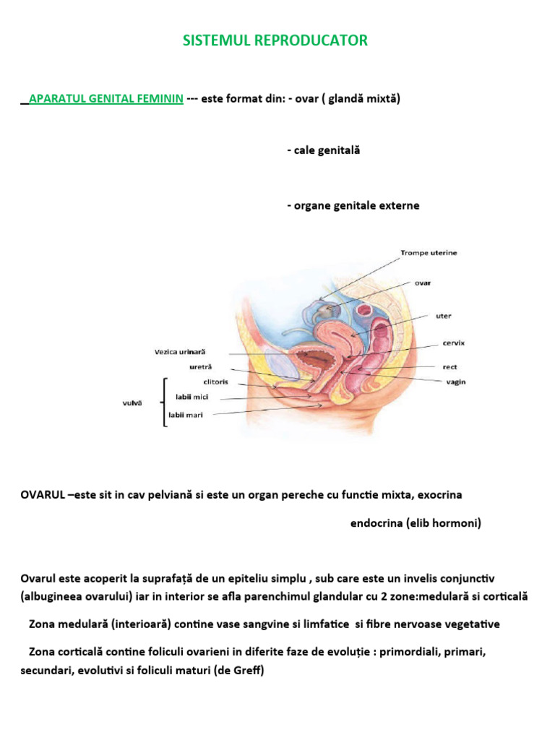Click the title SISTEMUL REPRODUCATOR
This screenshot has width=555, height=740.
[275, 40]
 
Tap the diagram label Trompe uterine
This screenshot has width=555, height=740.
[429, 253]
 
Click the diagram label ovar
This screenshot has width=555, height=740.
[422, 283]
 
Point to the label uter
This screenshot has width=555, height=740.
[443, 316]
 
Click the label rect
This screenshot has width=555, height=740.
[450, 367]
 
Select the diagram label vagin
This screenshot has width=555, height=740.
[455, 382]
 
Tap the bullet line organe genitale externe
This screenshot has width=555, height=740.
[353, 205]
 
